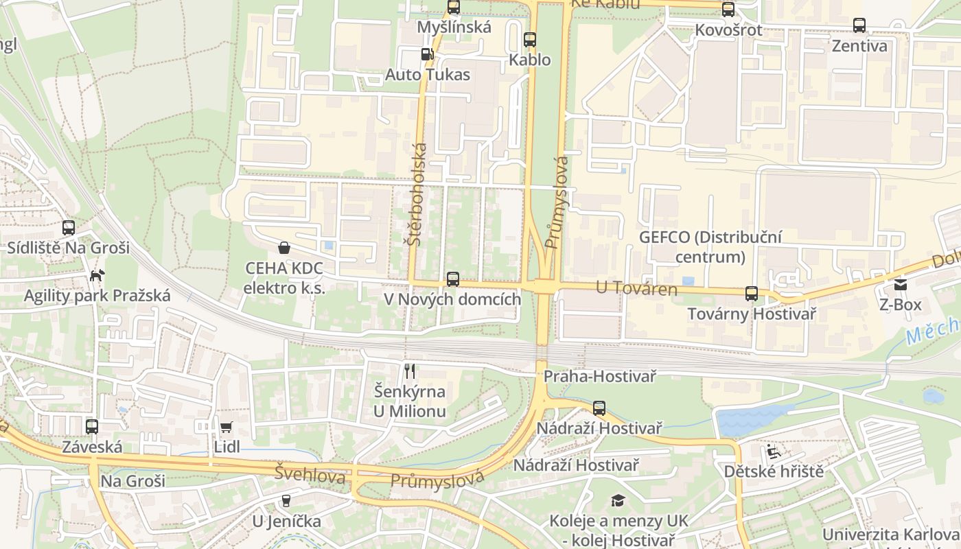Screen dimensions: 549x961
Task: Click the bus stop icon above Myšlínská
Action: point(453,8)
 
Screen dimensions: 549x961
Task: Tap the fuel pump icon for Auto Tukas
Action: point(427,54)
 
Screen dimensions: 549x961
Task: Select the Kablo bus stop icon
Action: point(529,40)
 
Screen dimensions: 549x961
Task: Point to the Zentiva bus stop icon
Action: point(859,26)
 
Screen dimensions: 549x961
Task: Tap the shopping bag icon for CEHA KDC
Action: point(283,248)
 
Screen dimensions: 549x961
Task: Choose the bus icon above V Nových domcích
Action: point(452,279)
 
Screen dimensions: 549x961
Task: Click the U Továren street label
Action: point(636,289)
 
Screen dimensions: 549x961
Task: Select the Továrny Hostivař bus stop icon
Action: point(752,294)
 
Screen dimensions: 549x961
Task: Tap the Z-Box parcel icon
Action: point(900,284)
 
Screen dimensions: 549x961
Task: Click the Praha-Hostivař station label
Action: point(600,376)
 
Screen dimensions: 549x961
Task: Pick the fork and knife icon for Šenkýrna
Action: point(410,371)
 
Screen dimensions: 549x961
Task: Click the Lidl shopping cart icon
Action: point(227,427)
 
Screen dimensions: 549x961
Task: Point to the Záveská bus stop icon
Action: point(92,427)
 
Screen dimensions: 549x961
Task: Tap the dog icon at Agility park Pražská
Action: point(97,276)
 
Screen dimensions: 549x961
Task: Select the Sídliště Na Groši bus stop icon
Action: point(69,228)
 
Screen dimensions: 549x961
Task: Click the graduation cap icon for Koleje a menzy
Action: point(618,500)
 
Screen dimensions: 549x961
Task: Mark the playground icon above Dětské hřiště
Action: point(773,451)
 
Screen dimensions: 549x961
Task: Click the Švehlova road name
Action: point(310,474)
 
